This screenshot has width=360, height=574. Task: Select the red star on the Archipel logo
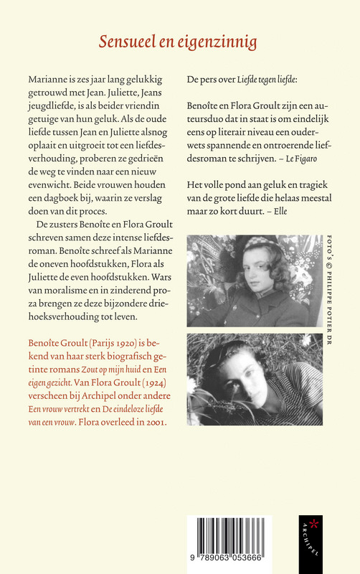pos(312,520)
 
